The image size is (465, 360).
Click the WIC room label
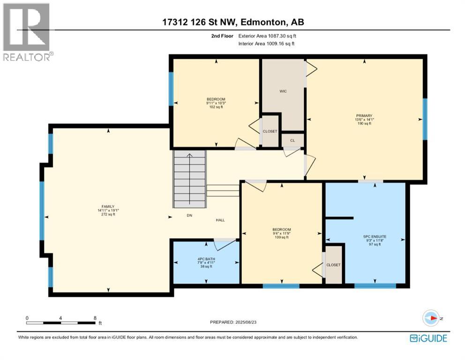[x=283, y=91]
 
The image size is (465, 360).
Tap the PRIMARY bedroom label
[x=364, y=116]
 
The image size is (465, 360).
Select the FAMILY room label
[x=108, y=207]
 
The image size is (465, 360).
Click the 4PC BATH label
[x=206, y=259]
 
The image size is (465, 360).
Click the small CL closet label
[x=292, y=141]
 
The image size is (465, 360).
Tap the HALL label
[x=220, y=220]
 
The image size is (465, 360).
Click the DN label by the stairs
[x=189, y=215]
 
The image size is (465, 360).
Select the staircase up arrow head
[x=189, y=155]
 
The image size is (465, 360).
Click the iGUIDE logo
[x=428, y=338]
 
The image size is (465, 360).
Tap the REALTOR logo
[x=27, y=32]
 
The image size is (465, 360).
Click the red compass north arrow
[x=434, y=318]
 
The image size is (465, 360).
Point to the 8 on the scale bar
[x=95, y=318]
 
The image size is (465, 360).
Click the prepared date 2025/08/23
[x=246, y=322]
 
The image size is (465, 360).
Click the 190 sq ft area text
[x=364, y=123]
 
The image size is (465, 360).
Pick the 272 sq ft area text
[x=108, y=214]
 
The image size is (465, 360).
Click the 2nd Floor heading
[x=222, y=36]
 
